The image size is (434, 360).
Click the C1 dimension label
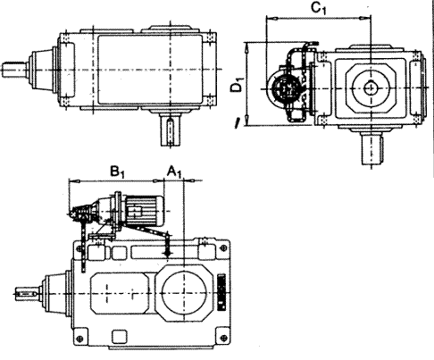click(319, 8)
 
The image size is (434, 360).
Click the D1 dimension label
click(238, 84)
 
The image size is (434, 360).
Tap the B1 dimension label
click(117, 172)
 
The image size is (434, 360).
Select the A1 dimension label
click(174, 172)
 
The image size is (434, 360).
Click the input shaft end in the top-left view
click(14, 70)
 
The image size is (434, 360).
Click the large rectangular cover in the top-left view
click(150, 70)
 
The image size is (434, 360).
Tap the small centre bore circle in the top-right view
click(371, 88)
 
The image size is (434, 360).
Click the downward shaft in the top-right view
click(371, 149)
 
